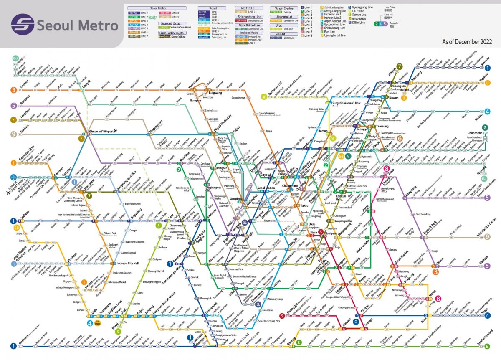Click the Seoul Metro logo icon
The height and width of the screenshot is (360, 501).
click(x=23, y=25)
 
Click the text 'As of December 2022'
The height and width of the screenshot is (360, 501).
click(x=467, y=42)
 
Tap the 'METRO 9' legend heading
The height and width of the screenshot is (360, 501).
click(x=244, y=8)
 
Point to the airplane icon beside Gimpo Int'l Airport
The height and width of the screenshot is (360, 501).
click(x=115, y=131)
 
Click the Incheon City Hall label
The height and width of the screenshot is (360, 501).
click(x=127, y=264)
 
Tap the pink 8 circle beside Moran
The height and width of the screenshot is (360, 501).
click(x=438, y=298)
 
